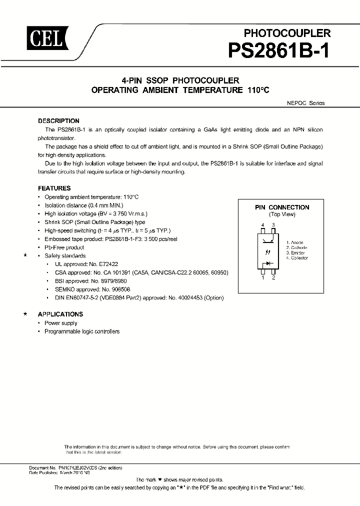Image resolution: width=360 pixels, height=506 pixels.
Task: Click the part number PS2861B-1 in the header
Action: [279, 51]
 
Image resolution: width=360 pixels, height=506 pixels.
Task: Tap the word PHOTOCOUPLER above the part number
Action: [287, 33]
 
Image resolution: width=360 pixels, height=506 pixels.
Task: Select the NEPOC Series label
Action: [305, 103]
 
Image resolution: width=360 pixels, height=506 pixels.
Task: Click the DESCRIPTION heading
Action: [58, 121]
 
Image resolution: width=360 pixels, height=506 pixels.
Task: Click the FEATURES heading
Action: [54, 188]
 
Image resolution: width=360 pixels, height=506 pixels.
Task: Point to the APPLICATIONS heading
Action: [60, 314]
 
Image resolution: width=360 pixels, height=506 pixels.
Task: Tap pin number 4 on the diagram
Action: [263, 225]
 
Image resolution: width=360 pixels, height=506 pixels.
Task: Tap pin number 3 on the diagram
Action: [273, 225]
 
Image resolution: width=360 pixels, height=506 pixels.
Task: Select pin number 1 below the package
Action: [263, 277]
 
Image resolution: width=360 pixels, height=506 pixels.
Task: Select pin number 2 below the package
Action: [273, 277]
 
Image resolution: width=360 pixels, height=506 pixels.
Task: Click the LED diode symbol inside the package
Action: [268, 262]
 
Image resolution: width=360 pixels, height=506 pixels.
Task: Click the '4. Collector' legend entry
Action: [297, 258]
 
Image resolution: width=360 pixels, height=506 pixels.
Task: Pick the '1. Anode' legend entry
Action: [295, 241]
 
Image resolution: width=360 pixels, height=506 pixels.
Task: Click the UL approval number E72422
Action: [106, 263]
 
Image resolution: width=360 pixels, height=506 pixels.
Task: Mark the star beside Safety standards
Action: [25, 255]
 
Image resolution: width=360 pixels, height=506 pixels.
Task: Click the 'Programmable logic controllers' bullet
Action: [82, 331]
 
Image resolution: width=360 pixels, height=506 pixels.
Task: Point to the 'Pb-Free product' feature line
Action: [64, 247]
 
